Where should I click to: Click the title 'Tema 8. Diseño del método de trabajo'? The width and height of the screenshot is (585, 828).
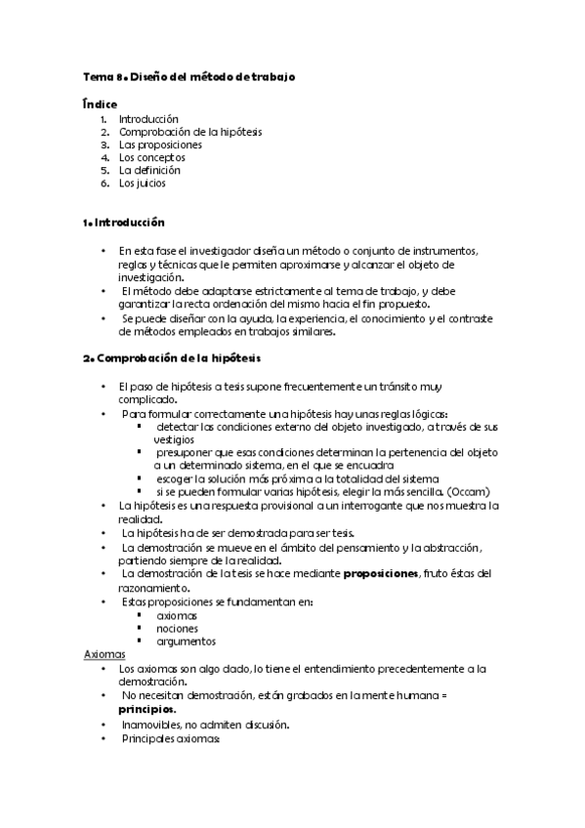(190, 76)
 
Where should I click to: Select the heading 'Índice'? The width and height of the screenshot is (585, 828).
(101, 103)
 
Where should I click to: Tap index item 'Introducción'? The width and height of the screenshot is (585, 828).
(149, 119)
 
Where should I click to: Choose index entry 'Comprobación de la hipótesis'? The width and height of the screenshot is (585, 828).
(190, 132)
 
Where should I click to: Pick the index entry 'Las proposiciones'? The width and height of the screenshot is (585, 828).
(160, 145)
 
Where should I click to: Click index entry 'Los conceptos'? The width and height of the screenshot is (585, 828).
(152, 157)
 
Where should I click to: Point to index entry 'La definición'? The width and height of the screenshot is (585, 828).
(149, 170)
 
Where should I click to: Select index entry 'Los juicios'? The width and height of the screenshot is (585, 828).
(143, 183)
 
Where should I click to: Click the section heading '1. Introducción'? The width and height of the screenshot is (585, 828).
(124, 223)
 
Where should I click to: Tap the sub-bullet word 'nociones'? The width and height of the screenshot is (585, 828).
(177, 629)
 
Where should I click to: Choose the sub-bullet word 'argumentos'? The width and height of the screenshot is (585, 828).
(186, 642)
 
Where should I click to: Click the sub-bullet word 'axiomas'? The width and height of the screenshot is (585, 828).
(177, 616)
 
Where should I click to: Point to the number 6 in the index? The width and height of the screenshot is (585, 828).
(104, 183)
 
